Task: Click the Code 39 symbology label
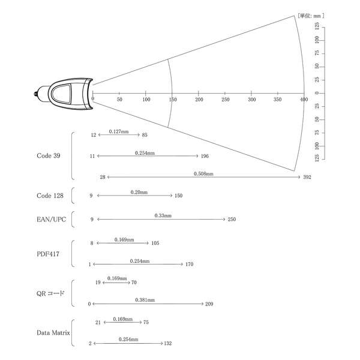(49, 155)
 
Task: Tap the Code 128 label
(50, 196)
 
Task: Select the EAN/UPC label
(51, 219)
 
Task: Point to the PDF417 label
(48, 254)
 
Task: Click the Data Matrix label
(53, 332)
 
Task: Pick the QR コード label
(50, 293)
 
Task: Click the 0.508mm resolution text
(203, 174)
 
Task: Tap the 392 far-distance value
(307, 177)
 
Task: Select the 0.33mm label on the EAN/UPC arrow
(163, 215)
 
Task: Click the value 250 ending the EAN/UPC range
(232, 219)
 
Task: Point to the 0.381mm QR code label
(145, 300)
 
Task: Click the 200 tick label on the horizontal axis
(199, 100)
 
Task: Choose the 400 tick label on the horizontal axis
(304, 100)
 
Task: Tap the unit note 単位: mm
(311, 16)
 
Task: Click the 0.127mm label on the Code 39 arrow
(119, 131)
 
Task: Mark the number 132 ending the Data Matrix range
(168, 343)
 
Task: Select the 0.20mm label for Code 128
(139, 192)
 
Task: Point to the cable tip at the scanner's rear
(35, 94)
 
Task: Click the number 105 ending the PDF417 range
(155, 243)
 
